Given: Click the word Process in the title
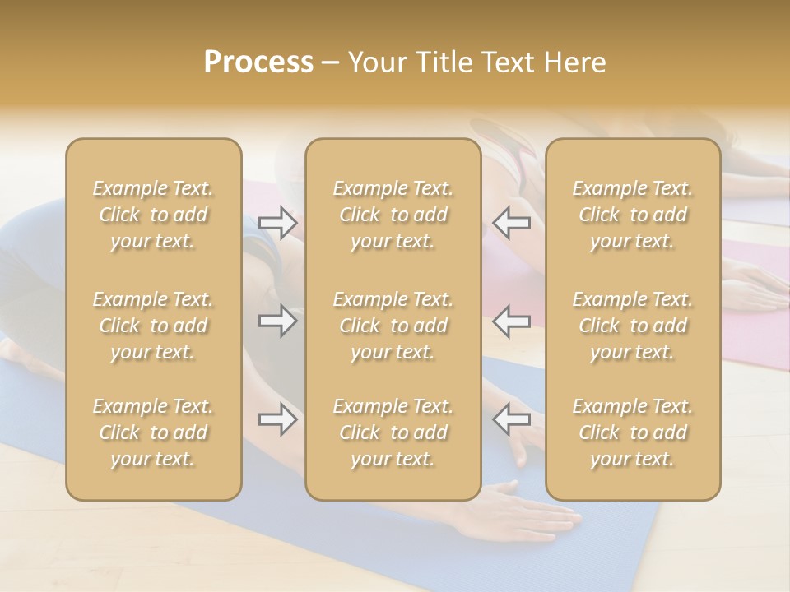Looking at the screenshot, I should (258, 62).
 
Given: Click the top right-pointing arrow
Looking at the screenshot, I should (277, 223).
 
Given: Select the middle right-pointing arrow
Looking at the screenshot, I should (277, 321).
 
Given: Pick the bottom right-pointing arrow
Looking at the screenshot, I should (277, 419).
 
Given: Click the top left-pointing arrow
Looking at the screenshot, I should (511, 223).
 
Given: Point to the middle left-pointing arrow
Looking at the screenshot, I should (511, 321).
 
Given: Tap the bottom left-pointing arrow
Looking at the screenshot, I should (511, 419).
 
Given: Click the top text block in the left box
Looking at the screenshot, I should (153, 215).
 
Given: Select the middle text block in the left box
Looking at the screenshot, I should (153, 326).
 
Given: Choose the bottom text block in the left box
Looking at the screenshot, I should (153, 432).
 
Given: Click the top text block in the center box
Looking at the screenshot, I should (393, 215).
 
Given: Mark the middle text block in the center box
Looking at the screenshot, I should (393, 326).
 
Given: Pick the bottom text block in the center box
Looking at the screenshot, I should (393, 432).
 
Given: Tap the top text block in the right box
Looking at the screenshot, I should (633, 215).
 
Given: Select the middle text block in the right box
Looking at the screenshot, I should (633, 326).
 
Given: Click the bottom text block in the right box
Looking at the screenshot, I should (633, 432).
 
